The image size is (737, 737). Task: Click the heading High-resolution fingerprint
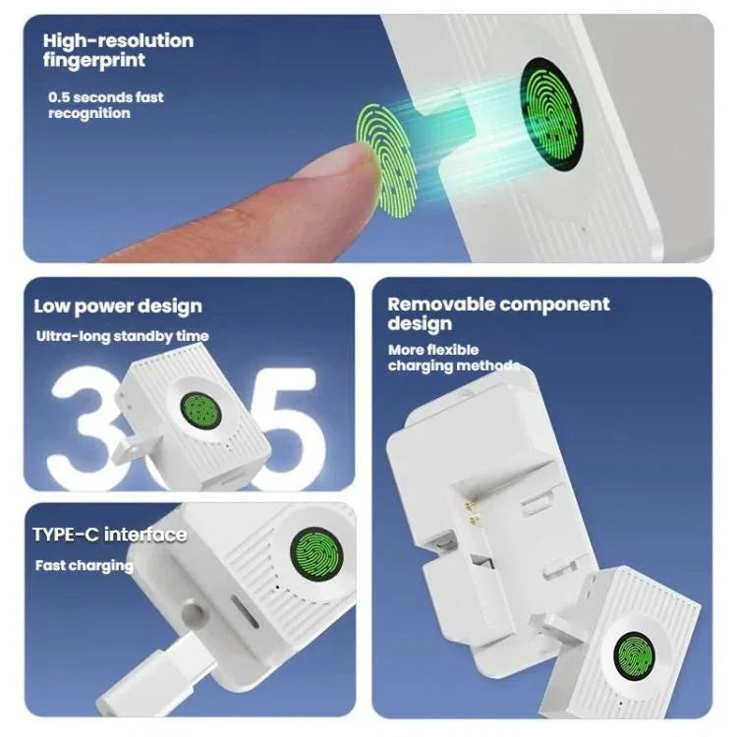(118, 50)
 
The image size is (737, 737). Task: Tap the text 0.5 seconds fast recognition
(106, 105)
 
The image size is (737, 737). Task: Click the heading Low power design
(118, 306)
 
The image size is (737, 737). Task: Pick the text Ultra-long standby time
(123, 336)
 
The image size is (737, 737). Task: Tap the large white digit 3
(86, 427)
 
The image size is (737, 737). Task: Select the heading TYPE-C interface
(109, 535)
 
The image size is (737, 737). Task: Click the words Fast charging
(84, 566)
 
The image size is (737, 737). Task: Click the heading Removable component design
(498, 313)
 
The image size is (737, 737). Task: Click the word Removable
(440, 305)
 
